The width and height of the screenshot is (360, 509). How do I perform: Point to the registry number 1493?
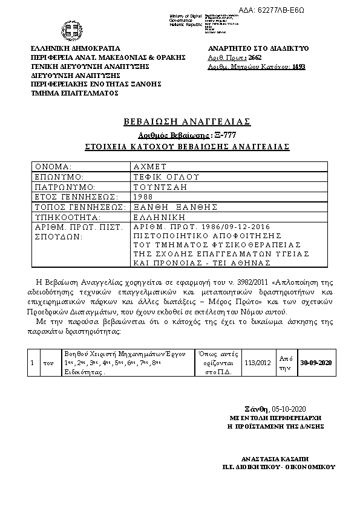(x=298, y=67)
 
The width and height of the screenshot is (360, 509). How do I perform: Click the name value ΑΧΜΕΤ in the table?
(x=149, y=166)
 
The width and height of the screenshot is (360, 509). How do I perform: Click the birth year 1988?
(x=144, y=196)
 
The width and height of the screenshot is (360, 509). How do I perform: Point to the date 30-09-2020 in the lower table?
(x=316, y=362)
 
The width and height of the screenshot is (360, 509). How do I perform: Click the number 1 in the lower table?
(x=32, y=363)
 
